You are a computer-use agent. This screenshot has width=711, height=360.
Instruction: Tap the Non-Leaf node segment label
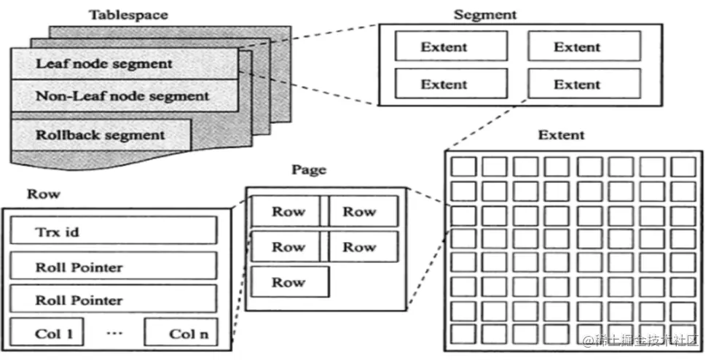coord(122,95)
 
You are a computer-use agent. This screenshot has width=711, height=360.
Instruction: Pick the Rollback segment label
coord(100,135)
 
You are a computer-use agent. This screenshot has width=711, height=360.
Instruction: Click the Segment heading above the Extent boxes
coord(484,15)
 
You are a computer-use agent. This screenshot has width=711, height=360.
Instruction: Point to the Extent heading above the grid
coord(561,136)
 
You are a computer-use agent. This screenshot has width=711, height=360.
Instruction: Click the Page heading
coord(309,170)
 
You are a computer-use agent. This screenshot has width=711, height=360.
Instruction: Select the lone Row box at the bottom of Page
coord(289,282)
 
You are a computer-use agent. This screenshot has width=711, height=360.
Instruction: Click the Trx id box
coord(113,231)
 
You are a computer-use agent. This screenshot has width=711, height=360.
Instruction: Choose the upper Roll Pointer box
coord(113,267)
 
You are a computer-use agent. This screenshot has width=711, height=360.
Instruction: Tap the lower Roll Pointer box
coord(113,300)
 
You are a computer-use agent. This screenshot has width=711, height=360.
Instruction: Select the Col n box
coord(187,333)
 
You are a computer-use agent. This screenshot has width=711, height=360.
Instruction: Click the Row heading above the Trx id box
coord(44,195)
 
